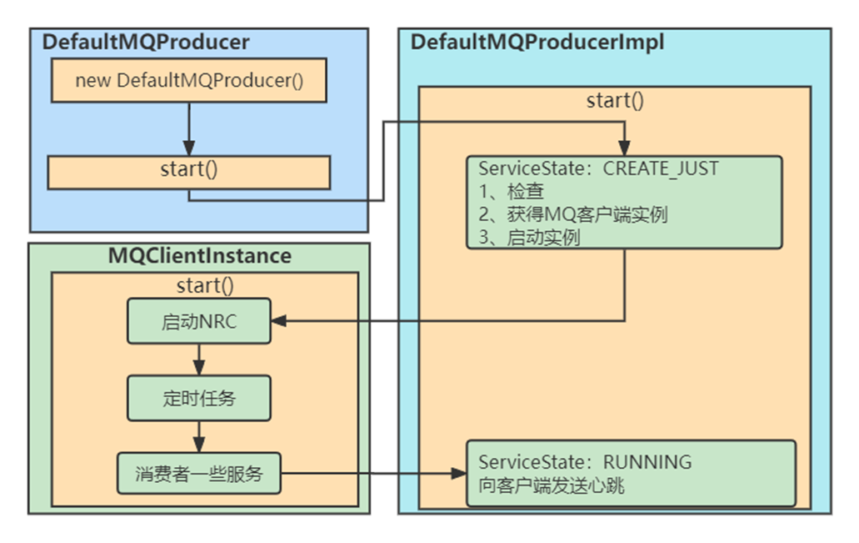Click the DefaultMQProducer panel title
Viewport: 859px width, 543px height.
point(146,43)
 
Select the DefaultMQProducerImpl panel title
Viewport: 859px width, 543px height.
point(537,43)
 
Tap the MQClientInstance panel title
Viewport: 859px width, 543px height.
point(200,256)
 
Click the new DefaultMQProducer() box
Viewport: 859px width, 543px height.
point(189,82)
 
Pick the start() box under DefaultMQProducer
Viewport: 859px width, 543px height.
point(189,170)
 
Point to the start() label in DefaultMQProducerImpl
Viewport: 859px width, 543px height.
point(615,101)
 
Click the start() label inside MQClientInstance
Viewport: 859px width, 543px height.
point(205,285)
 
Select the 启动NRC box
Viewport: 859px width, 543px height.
point(199,321)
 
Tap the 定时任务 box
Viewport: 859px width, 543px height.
point(199,399)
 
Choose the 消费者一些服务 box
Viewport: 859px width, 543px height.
point(199,475)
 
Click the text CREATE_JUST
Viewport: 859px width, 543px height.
point(661,169)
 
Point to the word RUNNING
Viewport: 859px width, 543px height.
point(647,462)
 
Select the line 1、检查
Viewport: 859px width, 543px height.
point(512,192)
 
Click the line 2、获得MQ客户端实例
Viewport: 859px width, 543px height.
point(572,214)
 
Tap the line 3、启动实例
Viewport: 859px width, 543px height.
point(529,237)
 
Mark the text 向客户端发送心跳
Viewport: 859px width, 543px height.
point(552,485)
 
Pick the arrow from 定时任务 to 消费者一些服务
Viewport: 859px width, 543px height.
point(199,436)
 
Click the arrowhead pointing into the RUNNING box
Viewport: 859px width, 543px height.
point(459,474)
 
